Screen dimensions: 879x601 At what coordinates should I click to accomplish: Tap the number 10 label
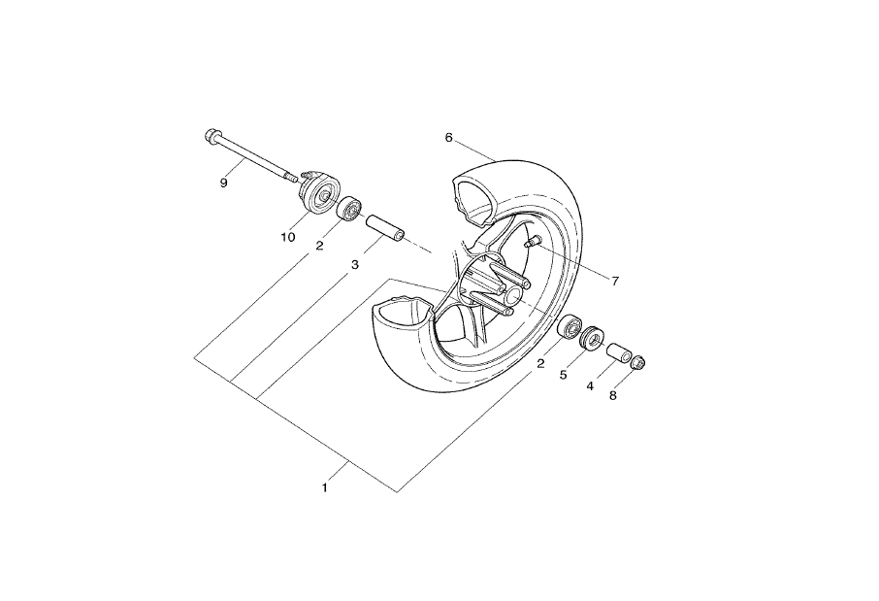click(x=287, y=237)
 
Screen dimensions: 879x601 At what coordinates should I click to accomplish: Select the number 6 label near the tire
click(x=448, y=138)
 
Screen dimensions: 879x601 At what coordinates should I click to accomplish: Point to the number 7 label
click(x=615, y=282)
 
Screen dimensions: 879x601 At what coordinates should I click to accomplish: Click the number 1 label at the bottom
click(x=324, y=488)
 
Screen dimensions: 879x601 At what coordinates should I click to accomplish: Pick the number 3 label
click(x=355, y=265)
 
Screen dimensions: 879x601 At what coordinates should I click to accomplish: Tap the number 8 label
click(x=613, y=395)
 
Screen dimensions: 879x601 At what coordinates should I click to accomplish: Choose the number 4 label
click(x=590, y=386)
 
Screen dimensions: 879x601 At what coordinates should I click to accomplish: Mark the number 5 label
click(x=564, y=375)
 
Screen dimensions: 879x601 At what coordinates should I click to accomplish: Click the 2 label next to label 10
click(x=319, y=246)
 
